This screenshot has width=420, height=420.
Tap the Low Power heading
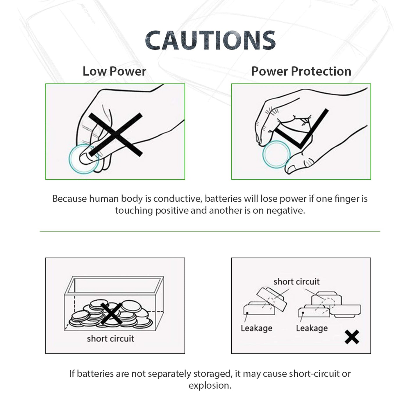(x=114, y=72)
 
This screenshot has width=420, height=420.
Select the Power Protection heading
(x=301, y=72)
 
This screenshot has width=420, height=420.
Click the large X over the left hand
(x=116, y=135)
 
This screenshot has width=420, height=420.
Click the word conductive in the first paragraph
(x=178, y=199)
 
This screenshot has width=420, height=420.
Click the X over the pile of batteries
(x=111, y=313)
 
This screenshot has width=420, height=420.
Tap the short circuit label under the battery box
(x=110, y=339)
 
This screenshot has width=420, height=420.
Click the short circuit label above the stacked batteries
(x=296, y=282)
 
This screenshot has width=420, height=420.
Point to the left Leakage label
(x=256, y=328)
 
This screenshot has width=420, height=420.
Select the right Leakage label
(x=312, y=328)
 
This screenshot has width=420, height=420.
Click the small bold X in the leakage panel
(x=352, y=337)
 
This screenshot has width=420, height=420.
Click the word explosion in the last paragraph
(x=210, y=386)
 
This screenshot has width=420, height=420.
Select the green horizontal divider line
(x=210, y=232)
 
